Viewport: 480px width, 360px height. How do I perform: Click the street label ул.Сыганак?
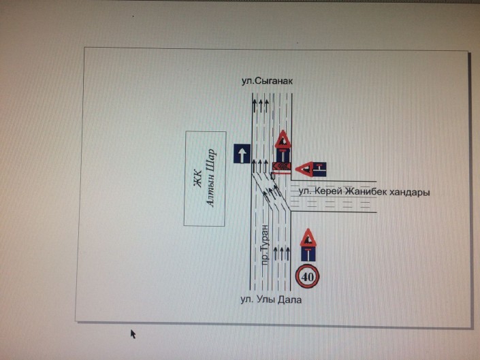click(x=267, y=81)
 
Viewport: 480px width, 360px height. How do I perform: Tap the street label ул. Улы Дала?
click(x=271, y=299)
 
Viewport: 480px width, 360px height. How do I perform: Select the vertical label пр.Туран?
click(x=265, y=245)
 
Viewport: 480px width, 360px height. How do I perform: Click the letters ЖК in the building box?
click(x=197, y=178)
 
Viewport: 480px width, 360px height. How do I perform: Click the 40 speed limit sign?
click(x=307, y=277)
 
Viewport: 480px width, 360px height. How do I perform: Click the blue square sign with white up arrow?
click(x=242, y=153)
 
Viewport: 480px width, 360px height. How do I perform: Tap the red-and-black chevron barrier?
click(x=281, y=166)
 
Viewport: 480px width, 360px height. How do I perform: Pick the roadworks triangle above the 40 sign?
click(x=308, y=238)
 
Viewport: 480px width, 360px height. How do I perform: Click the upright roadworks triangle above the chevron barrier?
click(x=283, y=140)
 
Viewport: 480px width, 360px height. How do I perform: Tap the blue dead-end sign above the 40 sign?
click(x=308, y=254)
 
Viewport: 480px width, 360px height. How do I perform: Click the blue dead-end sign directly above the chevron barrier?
click(x=283, y=155)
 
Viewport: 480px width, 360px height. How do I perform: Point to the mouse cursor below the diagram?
click(x=133, y=334)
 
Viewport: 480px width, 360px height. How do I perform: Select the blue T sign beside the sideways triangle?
click(x=320, y=169)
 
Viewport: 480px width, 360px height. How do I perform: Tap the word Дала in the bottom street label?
click(x=289, y=299)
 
